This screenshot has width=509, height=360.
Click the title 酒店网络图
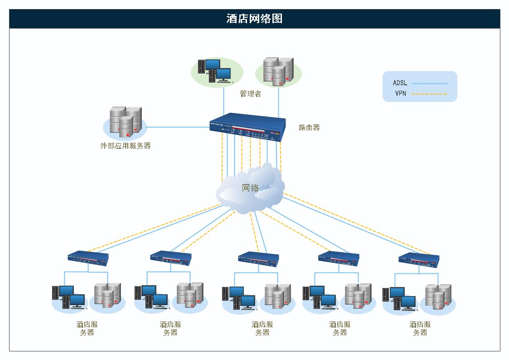pyautogui.click(x=254, y=19)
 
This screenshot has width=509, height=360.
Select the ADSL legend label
pyautogui.click(x=400, y=83)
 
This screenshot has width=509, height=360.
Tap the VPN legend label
pyautogui.click(x=400, y=94)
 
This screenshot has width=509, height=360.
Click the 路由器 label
pyautogui.click(x=309, y=127)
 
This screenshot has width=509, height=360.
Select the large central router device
pyautogui.click(x=248, y=127)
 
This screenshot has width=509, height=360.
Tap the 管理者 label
pyautogui.click(x=250, y=94)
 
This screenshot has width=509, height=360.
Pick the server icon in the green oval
pyautogui.click(x=278, y=72)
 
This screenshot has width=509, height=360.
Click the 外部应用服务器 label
pyautogui.click(x=125, y=146)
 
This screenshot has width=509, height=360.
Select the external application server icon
pyautogui.click(x=125, y=122)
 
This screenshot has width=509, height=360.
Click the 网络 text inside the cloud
pyautogui.click(x=250, y=188)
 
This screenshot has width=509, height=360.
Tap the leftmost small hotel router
pyautogui.click(x=88, y=258)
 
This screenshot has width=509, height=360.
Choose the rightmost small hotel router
pyautogui.click(x=419, y=259)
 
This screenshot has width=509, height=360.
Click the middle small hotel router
pyautogui.click(x=258, y=258)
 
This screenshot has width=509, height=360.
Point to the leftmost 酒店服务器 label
pyautogui.click(x=87, y=328)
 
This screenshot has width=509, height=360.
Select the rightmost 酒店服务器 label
pyautogui.click(x=420, y=328)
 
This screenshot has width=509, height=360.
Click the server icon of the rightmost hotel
pyautogui.click(x=438, y=297)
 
